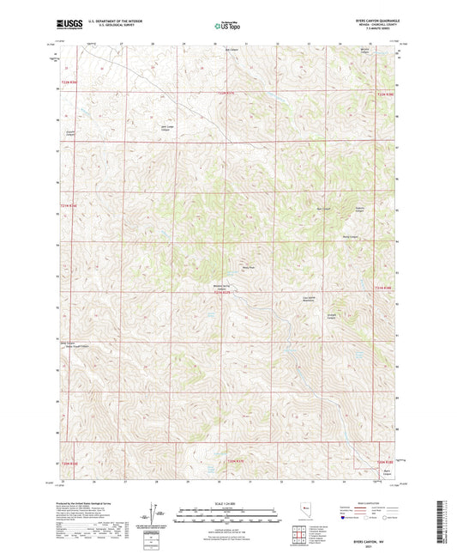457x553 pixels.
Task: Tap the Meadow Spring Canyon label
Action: pos(221,289)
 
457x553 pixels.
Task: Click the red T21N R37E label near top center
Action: pos(225,93)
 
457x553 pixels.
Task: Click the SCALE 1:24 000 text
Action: pos(228,503)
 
